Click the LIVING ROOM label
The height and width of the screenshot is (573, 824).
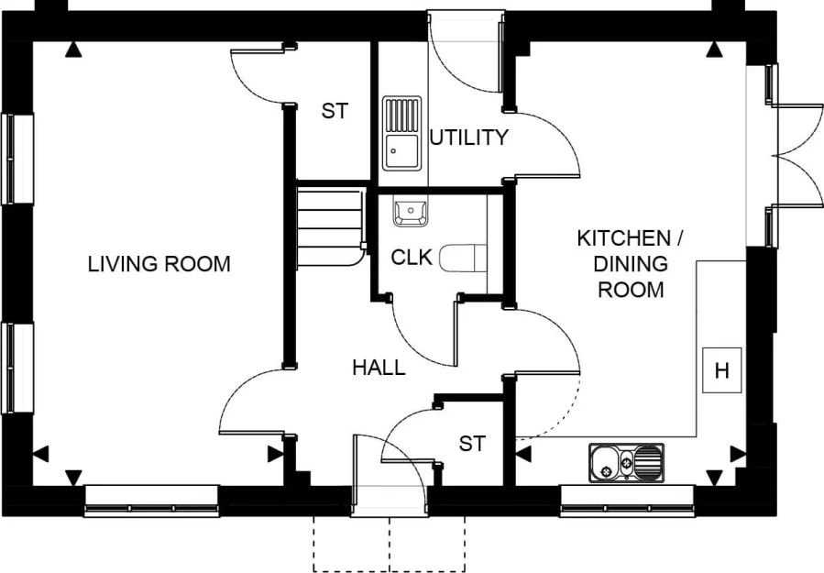point(159,265)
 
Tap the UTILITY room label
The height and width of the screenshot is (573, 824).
point(468,138)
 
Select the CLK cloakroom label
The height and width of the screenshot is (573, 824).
point(412,258)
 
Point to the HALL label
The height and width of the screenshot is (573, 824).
point(379,369)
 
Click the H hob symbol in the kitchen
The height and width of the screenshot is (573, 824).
point(721,371)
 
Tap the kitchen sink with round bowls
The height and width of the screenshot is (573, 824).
point(626,461)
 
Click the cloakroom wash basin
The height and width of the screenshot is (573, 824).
point(410,213)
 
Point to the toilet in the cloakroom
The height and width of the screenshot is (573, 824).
point(462,258)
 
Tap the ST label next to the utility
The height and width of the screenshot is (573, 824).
point(335,112)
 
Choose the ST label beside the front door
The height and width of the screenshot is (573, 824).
point(471,445)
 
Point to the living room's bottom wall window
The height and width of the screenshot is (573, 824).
point(151,501)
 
